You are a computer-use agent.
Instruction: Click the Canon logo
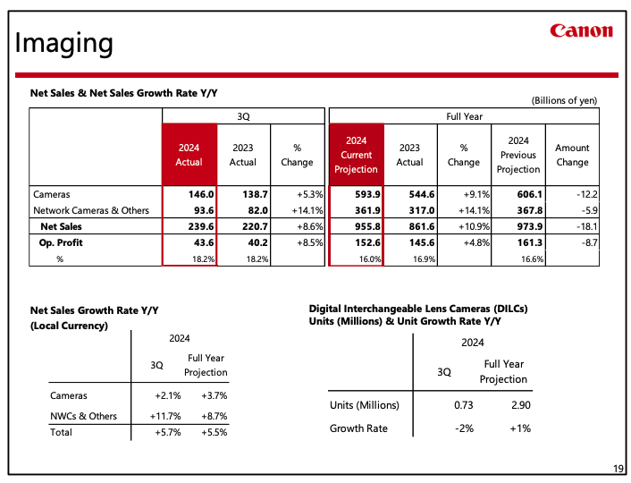click(x=582, y=30)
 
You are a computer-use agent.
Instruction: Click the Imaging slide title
click(x=63, y=43)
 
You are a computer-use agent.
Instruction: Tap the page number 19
click(x=618, y=469)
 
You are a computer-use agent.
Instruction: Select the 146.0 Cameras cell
click(x=201, y=194)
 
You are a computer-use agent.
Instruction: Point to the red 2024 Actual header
click(x=189, y=155)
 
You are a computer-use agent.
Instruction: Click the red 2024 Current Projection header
click(x=356, y=155)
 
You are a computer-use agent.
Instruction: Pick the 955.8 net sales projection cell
click(x=368, y=226)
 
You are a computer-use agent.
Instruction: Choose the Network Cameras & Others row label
click(x=91, y=210)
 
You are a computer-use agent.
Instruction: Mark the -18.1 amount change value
click(x=586, y=226)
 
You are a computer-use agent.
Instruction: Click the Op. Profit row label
click(x=61, y=242)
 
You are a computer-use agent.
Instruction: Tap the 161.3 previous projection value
click(x=530, y=242)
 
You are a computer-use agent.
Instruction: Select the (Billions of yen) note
click(x=564, y=100)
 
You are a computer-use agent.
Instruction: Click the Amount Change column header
click(x=572, y=155)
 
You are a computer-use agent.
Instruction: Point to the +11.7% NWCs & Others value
click(x=165, y=416)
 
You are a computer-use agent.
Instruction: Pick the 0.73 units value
click(x=464, y=405)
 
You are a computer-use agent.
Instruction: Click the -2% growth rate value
click(x=464, y=428)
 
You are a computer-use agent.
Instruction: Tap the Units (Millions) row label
click(x=365, y=405)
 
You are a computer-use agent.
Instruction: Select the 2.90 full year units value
click(x=521, y=405)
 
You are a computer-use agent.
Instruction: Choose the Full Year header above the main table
click(x=464, y=116)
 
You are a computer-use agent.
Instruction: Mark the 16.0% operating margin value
click(x=370, y=259)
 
